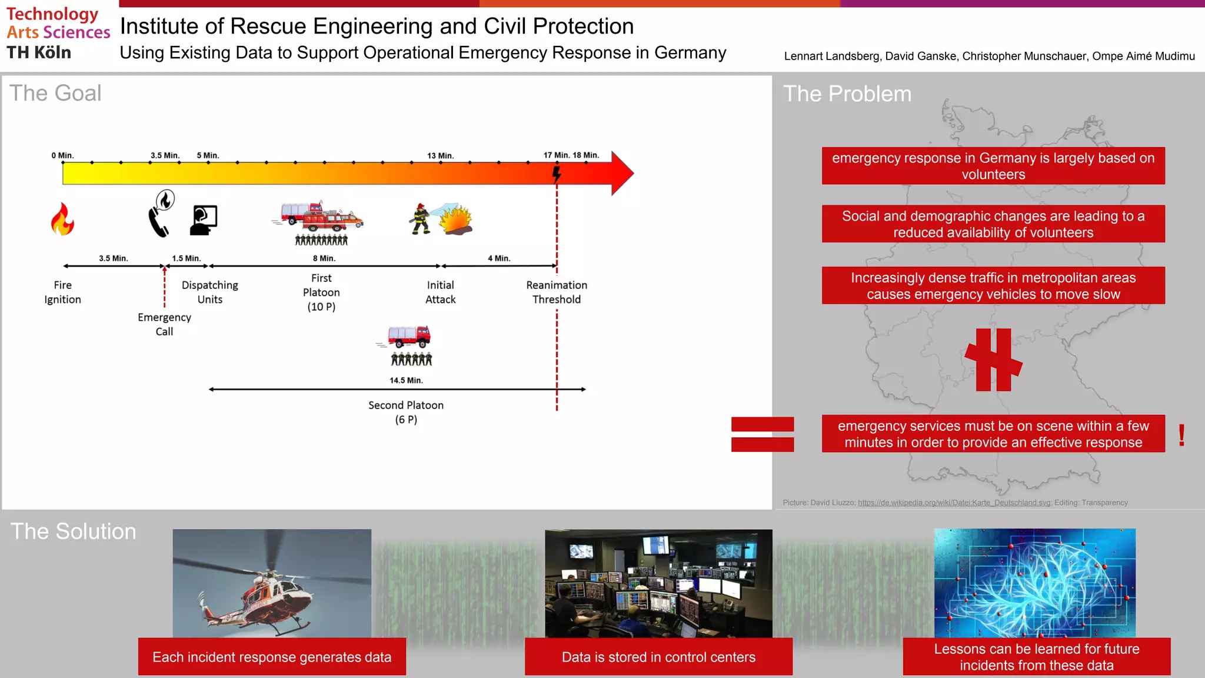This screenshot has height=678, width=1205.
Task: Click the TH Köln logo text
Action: point(39,52)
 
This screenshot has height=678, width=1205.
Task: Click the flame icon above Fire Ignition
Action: point(62,219)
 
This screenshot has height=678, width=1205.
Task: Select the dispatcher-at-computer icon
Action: point(204,220)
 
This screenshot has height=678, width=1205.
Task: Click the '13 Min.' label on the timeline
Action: point(440,155)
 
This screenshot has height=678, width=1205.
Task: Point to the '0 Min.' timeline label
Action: point(62,155)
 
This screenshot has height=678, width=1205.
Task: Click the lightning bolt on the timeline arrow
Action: point(557,174)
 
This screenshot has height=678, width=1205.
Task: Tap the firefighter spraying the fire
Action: point(420,219)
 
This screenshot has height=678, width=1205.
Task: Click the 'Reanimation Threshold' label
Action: point(557,292)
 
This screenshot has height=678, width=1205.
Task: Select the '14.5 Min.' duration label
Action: point(406,380)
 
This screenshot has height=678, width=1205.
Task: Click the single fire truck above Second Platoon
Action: point(410,337)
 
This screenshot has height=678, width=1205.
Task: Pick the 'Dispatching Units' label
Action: point(210,292)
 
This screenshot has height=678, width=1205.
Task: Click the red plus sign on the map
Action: point(994,360)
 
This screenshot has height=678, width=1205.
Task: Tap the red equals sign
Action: point(763,434)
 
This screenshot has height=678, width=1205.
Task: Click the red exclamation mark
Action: point(1181,436)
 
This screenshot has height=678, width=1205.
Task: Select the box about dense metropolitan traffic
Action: point(993,285)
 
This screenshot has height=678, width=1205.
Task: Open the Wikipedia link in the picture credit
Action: point(954,503)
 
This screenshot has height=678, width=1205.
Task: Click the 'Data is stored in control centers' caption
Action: point(658,657)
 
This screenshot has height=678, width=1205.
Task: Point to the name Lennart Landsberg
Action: point(832,56)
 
